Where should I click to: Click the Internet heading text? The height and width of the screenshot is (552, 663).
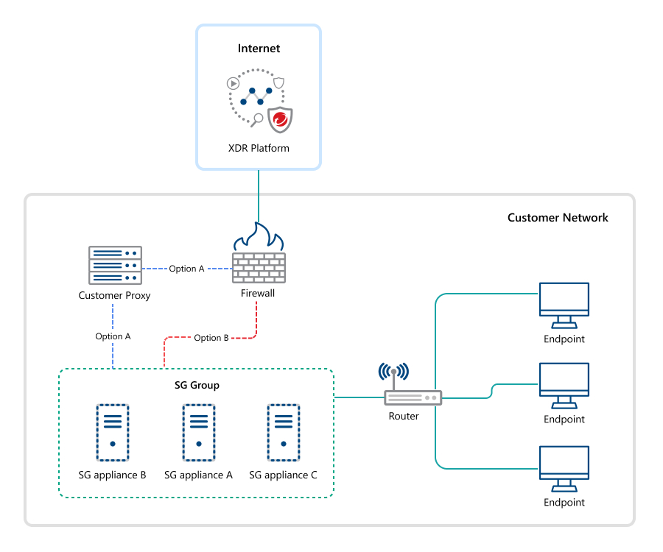pos(259,49)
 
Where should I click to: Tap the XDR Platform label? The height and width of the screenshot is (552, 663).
pos(259,148)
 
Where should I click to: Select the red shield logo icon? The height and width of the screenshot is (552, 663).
pos(279,118)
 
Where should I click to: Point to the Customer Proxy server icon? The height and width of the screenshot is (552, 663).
pos(114,265)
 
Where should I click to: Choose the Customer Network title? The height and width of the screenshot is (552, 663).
pos(558,218)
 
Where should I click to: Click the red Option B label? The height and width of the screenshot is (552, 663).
pos(211,338)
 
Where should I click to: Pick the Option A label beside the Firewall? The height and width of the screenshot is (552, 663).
pos(186,269)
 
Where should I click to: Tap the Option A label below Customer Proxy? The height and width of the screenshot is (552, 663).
pos(113,336)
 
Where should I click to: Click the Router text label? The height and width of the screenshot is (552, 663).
pos(404,417)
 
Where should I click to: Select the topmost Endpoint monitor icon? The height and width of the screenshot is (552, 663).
pos(564,305)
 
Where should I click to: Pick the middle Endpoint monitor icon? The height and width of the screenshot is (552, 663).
pos(564,384)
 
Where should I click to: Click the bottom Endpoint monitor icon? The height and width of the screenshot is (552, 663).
pos(564,467)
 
